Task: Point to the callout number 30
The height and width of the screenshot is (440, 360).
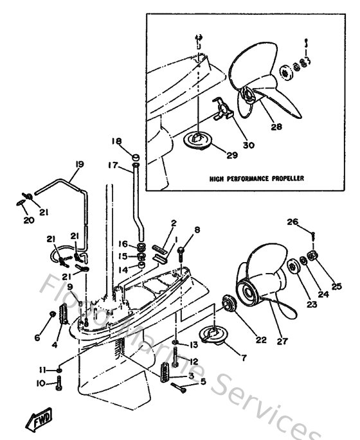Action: pyautogui.click(x=248, y=145)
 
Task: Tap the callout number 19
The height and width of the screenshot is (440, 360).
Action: pyautogui.click(x=79, y=164)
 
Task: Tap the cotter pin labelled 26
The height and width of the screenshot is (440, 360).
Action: pyautogui.click(x=311, y=236)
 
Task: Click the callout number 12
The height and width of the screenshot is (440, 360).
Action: pyautogui.click(x=194, y=361)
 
